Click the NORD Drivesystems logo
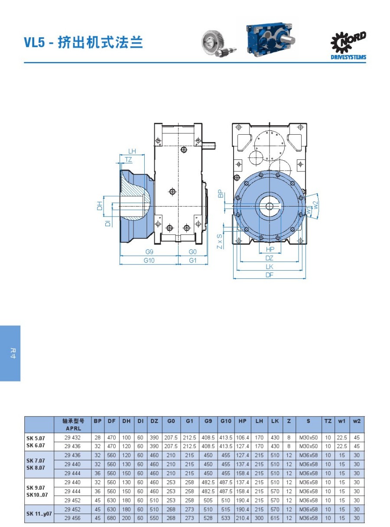point(348,45)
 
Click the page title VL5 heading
point(83,42)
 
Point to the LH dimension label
point(132,151)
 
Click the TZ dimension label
point(128,160)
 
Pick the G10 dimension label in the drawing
point(149,260)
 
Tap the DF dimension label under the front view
point(270,275)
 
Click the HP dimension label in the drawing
point(270,249)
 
